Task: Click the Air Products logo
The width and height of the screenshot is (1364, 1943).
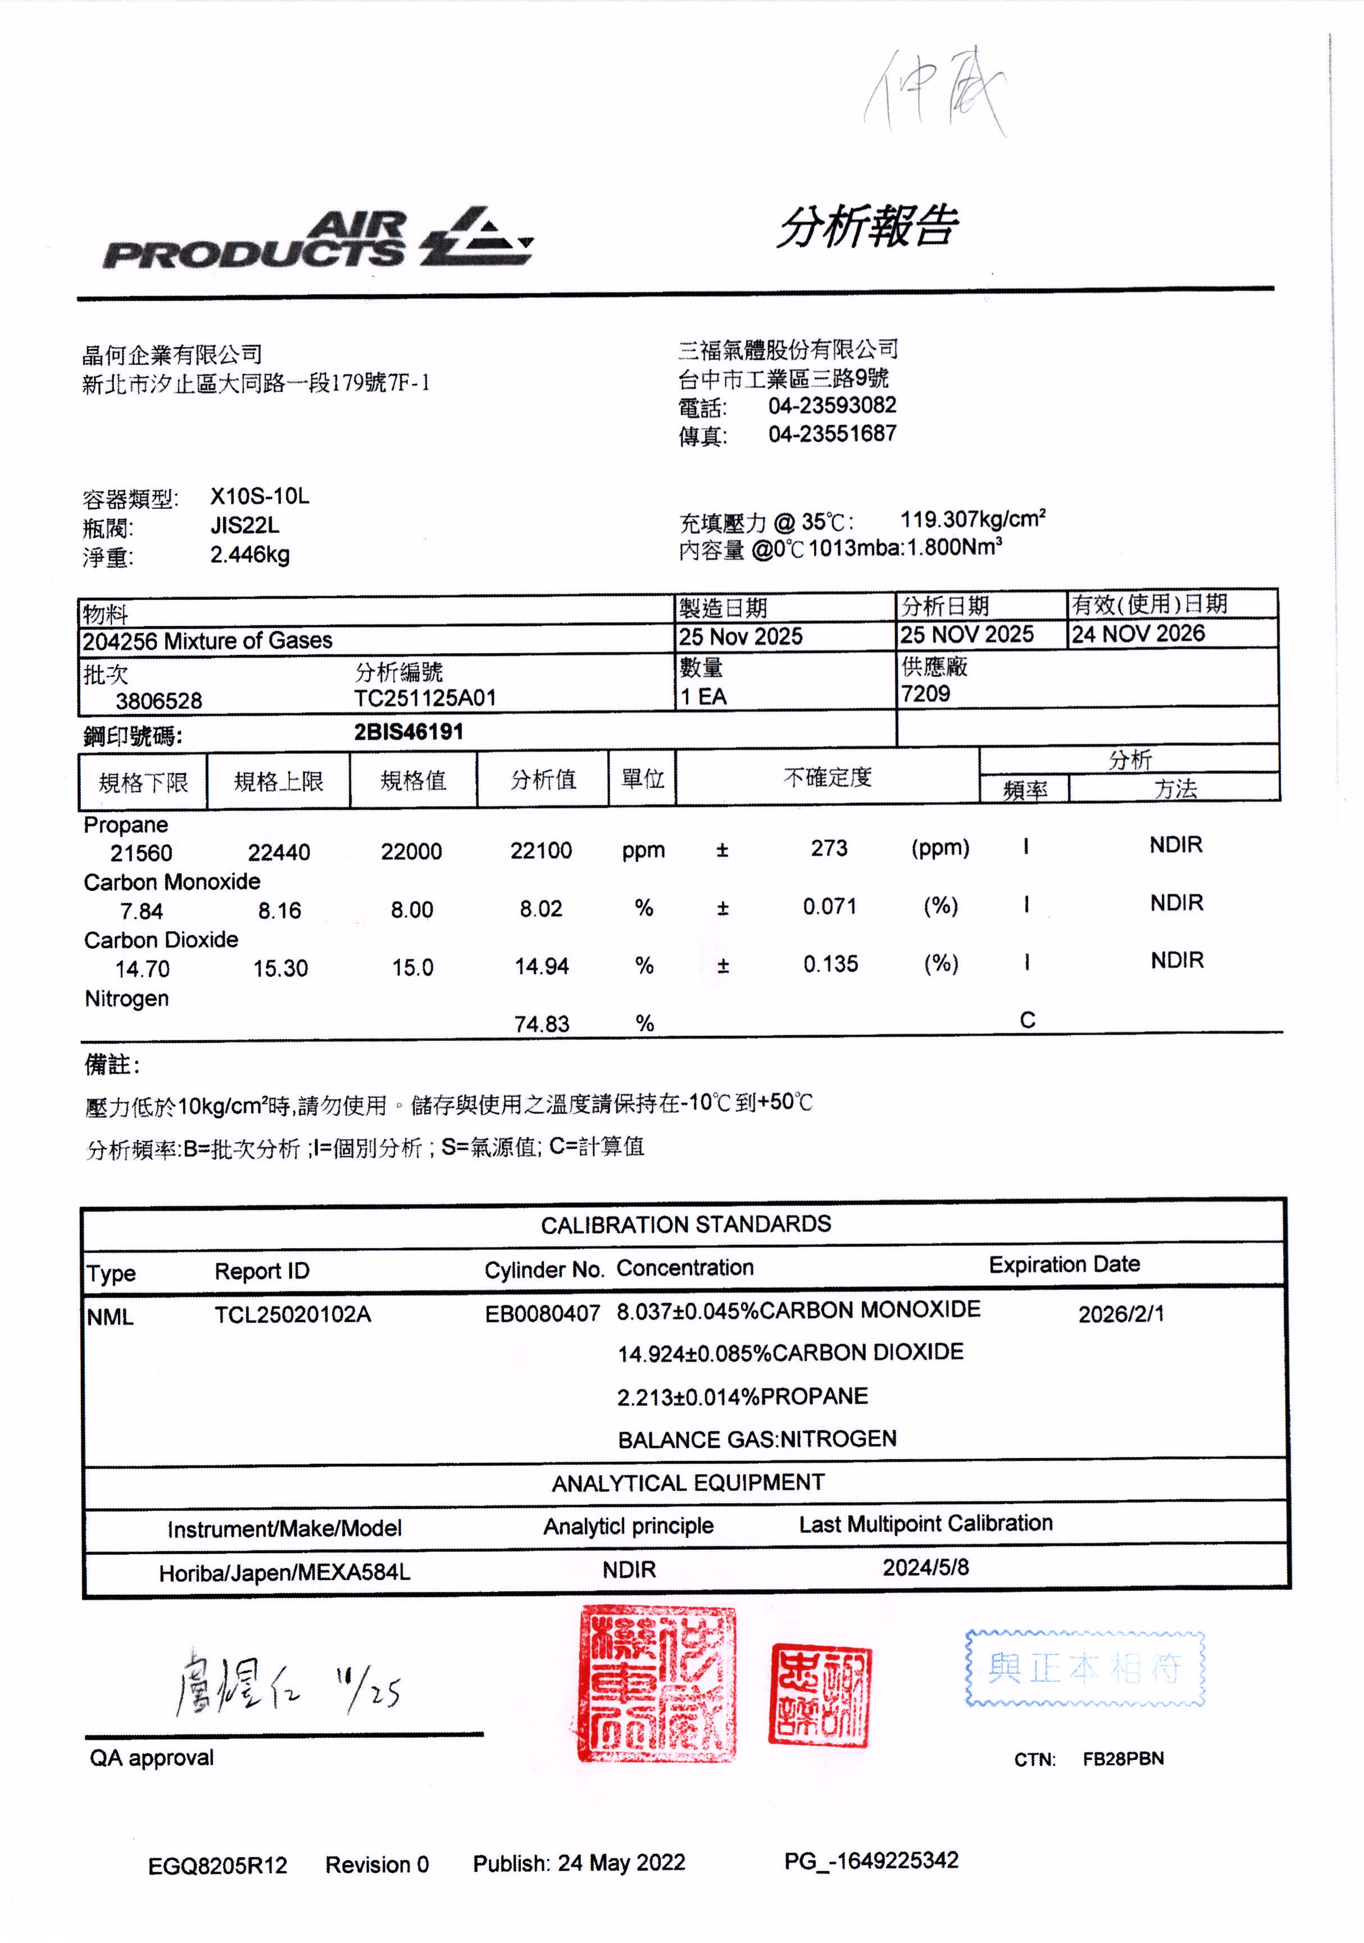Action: point(317,239)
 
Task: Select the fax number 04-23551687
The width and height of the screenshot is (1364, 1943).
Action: point(832,434)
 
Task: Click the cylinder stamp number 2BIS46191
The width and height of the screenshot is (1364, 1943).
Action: point(408,732)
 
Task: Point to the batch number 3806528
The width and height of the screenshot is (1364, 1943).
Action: point(159,700)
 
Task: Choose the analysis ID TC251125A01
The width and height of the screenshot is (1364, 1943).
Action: point(425,698)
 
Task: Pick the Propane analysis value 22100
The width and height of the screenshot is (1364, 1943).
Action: point(540,850)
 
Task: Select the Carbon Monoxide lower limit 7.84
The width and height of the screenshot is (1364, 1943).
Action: point(142,912)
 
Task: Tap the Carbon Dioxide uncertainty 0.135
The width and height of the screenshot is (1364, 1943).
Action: point(830,964)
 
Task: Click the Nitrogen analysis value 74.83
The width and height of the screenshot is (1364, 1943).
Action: point(542,1024)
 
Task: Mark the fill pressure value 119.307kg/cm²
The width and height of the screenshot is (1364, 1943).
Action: point(972,519)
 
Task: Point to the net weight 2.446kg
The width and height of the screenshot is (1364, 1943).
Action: point(249,555)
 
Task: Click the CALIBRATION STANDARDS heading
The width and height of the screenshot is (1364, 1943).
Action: point(685,1225)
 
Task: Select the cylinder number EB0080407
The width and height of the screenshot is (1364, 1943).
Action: point(542,1313)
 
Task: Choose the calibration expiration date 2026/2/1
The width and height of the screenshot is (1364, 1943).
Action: point(1120,1313)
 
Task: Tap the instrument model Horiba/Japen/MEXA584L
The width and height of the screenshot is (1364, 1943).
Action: point(284,1572)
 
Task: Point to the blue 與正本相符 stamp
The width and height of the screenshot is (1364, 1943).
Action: point(1085,1668)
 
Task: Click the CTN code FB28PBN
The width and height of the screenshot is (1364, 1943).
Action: point(1123,1759)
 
